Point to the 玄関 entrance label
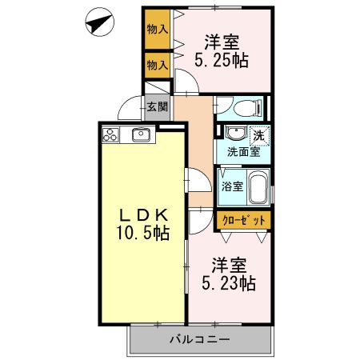point(157,104)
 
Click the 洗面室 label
point(243,150)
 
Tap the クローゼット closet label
point(242,219)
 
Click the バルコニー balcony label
point(200,339)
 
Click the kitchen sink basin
point(142,134)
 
